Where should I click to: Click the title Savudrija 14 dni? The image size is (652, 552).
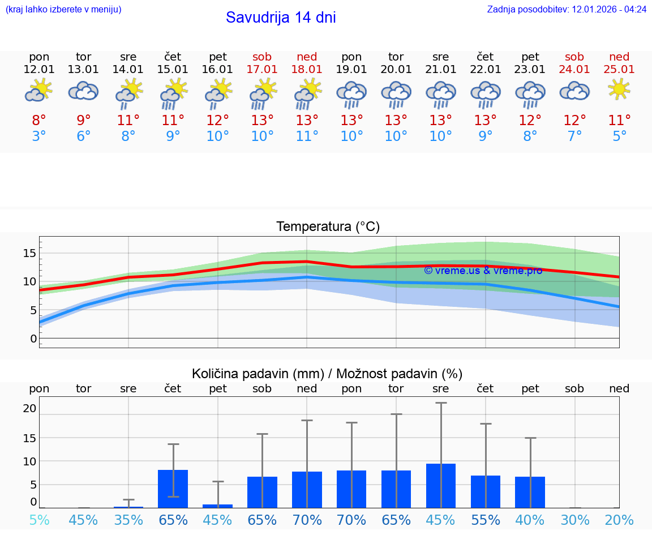coord(281,18)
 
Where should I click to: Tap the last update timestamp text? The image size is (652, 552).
coord(567,9)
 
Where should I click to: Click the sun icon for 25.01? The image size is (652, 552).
coord(619,89)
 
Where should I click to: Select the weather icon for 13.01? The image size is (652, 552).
coord(83,91)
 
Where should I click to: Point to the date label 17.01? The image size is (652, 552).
coord(262,70)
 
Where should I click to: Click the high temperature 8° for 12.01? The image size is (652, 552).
coord(39,120)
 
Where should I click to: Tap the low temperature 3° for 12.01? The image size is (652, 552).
coord(39,136)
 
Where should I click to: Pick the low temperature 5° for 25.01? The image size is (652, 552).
coord(619,136)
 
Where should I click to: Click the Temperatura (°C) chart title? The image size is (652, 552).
coord(328,227)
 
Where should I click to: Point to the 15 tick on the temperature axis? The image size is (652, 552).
coord(29,253)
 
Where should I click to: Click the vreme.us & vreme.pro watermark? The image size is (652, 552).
coord(483,271)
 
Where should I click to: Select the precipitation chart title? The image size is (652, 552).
coord(327,374)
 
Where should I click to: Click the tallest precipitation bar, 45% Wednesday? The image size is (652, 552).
coord(441,485)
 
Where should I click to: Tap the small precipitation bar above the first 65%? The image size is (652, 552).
coord(173,489)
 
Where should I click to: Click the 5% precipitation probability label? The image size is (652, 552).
coord(39,520)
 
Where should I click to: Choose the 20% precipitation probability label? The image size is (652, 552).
coord(619,520)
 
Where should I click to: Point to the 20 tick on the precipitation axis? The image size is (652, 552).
coord(29,408)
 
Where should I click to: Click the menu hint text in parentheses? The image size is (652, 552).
coord(63,9)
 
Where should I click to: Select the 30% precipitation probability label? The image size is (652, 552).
coord(575,520)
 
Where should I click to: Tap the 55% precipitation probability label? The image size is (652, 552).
coord(486,520)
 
